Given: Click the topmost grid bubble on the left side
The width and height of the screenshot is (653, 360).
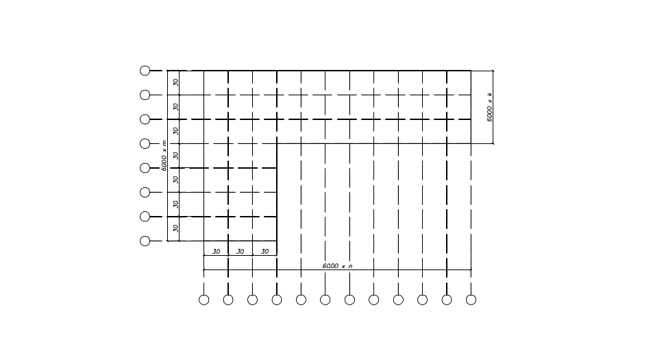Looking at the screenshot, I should [x=145, y=70].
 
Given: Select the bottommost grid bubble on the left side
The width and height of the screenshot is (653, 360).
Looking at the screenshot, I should [x=145, y=241].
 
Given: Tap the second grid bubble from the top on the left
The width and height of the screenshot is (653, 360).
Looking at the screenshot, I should [x=145, y=95].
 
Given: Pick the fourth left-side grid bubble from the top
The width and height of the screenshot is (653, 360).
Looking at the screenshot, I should [x=145, y=143].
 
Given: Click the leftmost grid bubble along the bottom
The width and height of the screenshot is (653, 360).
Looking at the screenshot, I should [x=204, y=300].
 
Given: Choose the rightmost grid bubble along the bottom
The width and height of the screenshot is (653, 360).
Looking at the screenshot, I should [x=471, y=300].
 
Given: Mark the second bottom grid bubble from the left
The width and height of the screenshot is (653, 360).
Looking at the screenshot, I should [x=228, y=300].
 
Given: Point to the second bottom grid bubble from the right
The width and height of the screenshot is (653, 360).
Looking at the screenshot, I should [x=447, y=300].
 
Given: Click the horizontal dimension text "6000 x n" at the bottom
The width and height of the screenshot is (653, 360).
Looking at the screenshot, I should [x=337, y=265].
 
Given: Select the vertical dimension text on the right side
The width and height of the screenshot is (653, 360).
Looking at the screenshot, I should [x=490, y=107].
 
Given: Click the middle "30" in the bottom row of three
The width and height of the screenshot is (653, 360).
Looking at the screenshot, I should [x=241, y=252].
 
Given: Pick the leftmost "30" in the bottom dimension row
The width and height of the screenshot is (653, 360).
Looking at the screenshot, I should [x=217, y=252].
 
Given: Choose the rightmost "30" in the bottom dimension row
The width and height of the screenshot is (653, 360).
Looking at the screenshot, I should [x=265, y=252].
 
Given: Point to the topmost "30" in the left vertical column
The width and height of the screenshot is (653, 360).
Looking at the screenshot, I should [x=176, y=82].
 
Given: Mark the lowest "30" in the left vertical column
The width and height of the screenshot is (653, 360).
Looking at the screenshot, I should [x=176, y=228].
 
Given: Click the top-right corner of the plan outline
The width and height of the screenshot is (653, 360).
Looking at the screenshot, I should [x=471, y=70].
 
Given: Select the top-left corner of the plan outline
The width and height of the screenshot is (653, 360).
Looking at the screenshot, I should [x=168, y=70].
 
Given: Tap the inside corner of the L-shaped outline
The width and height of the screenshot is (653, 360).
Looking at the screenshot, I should [x=277, y=143].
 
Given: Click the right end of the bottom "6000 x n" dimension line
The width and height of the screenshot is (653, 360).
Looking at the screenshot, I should [x=471, y=269].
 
